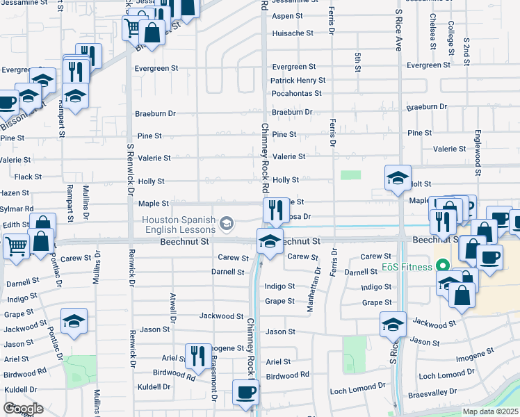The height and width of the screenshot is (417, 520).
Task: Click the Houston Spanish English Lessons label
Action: (x=179, y=223)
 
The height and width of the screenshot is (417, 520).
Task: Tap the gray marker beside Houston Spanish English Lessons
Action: (x=226, y=223)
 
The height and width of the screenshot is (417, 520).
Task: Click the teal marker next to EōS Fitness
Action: (x=441, y=266)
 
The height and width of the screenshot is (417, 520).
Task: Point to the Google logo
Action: (x=23, y=408)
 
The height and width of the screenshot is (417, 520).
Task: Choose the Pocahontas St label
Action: (x=296, y=93)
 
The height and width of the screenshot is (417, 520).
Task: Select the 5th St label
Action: (x=357, y=62)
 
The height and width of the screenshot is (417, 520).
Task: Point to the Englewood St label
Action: (x=478, y=149)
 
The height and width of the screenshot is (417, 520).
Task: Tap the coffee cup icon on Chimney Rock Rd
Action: (x=245, y=392)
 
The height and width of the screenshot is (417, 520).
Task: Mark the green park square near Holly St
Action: (x=350, y=175)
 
